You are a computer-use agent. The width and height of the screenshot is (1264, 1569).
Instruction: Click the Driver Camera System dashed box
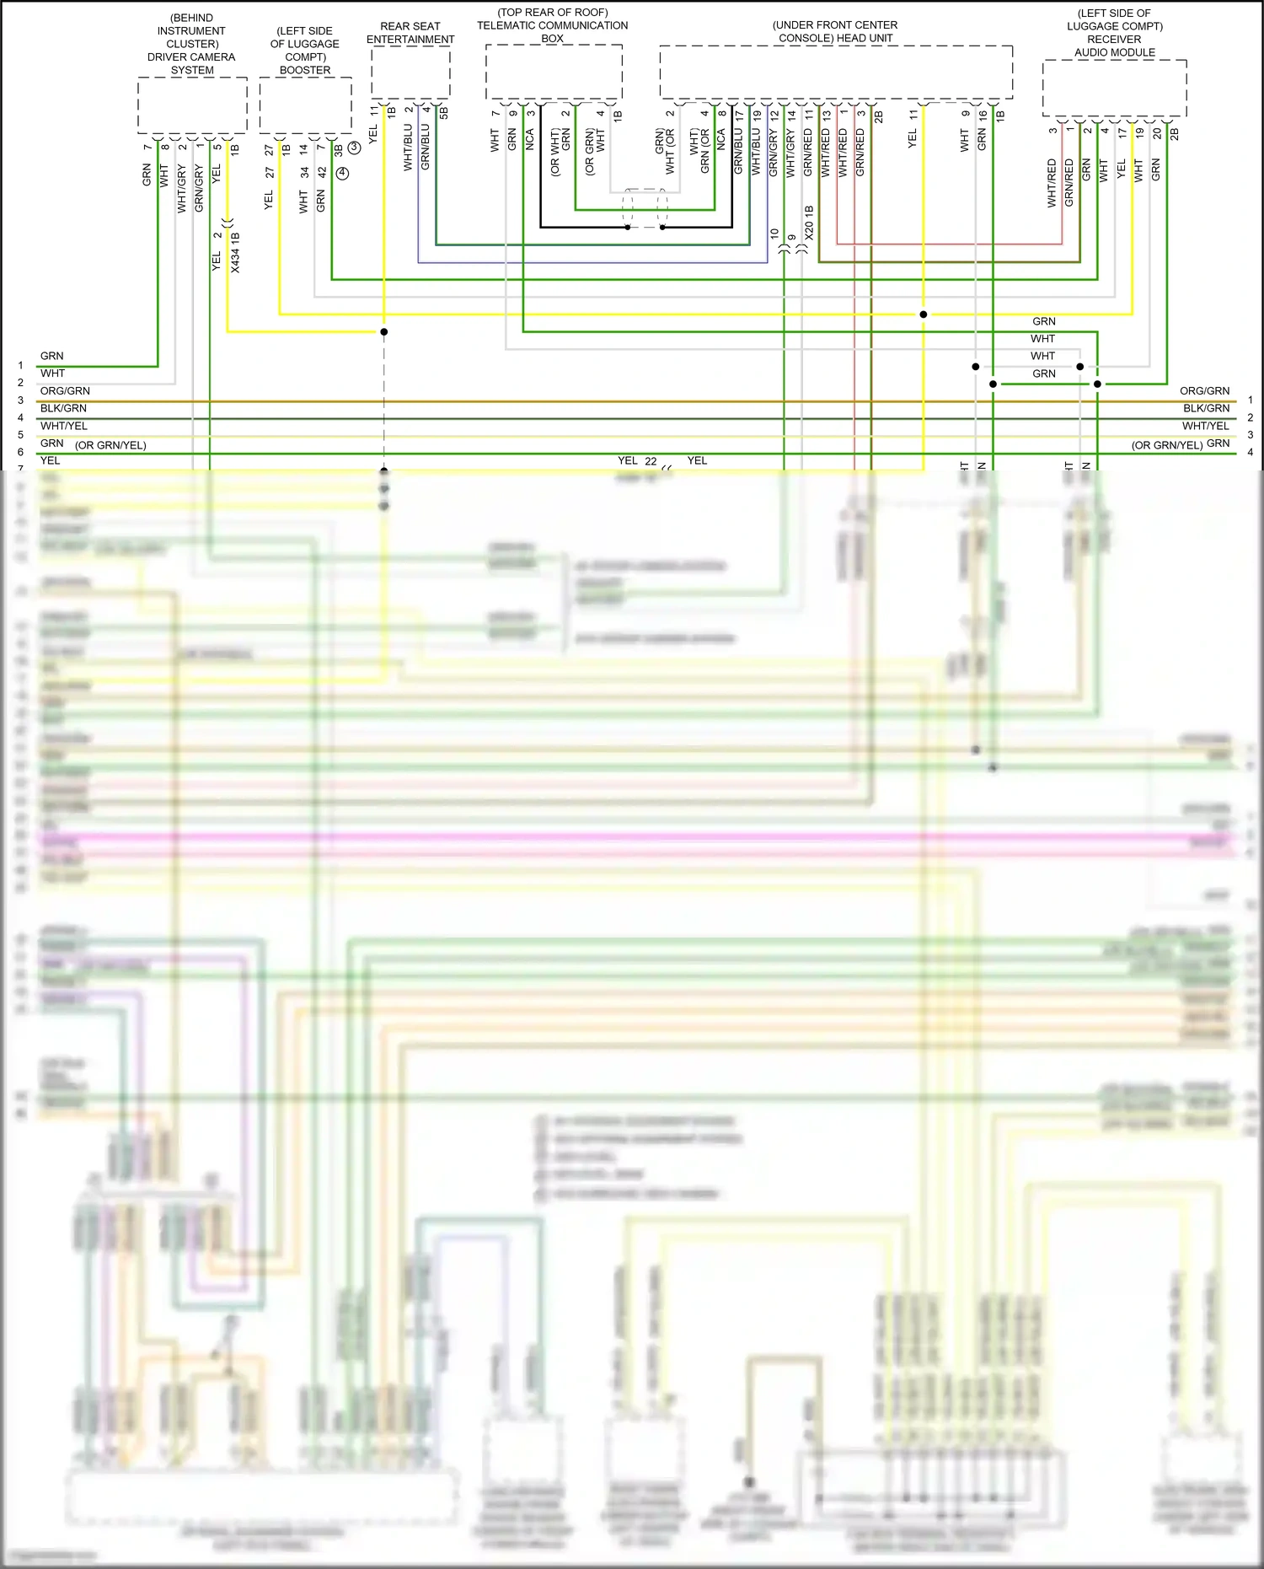pos(192,105)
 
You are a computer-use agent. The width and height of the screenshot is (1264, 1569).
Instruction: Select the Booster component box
pos(305,105)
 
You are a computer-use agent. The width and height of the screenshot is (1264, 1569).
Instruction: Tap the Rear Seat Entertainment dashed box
pos(410,73)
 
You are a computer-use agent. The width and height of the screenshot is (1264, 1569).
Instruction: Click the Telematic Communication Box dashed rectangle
pos(554,73)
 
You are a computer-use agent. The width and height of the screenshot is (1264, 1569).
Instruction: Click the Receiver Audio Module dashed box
pos(1114,88)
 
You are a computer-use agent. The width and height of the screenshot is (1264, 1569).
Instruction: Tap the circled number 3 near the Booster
pos(355,148)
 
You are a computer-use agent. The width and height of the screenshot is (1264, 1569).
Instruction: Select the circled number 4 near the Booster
pos(342,173)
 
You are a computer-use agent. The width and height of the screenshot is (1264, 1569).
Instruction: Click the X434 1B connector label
pos(235,252)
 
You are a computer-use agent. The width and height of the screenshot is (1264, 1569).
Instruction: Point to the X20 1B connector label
pos(809,223)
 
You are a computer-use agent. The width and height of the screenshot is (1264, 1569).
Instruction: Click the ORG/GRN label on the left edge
pos(65,391)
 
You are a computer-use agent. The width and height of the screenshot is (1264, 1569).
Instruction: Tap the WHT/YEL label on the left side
pos(64,426)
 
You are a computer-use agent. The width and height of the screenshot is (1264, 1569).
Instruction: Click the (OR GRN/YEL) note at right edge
pos(1166,445)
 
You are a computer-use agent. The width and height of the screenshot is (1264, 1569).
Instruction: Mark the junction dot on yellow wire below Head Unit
pos(924,314)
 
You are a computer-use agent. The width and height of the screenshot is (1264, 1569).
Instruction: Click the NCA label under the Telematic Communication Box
pos(530,140)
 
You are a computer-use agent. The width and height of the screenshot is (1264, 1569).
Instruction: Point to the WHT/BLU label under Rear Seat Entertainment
pos(408,148)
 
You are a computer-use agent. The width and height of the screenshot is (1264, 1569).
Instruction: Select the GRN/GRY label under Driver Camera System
pos(199,188)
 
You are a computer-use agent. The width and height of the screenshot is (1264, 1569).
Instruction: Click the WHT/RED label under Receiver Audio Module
pos(1052,183)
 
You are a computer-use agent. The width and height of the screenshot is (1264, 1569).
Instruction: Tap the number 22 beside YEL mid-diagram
pos(651,461)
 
